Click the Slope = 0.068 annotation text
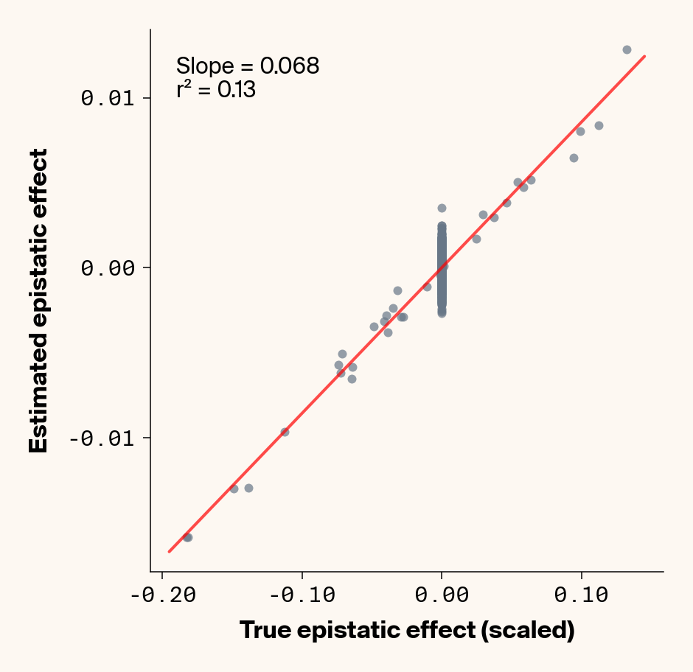point(248,66)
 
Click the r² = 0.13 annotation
point(216,90)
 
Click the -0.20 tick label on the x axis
point(163,595)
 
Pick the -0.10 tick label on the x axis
point(302,595)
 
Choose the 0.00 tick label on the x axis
point(442,595)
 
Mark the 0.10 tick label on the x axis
point(581,595)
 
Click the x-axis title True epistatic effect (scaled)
point(407,631)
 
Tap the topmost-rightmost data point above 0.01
point(627,49)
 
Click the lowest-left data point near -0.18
point(187,537)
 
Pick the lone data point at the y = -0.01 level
point(285,432)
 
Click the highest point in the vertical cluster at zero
point(442,208)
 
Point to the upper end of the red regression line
point(645,56)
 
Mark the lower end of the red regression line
point(169,551)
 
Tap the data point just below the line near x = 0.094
point(574,158)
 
